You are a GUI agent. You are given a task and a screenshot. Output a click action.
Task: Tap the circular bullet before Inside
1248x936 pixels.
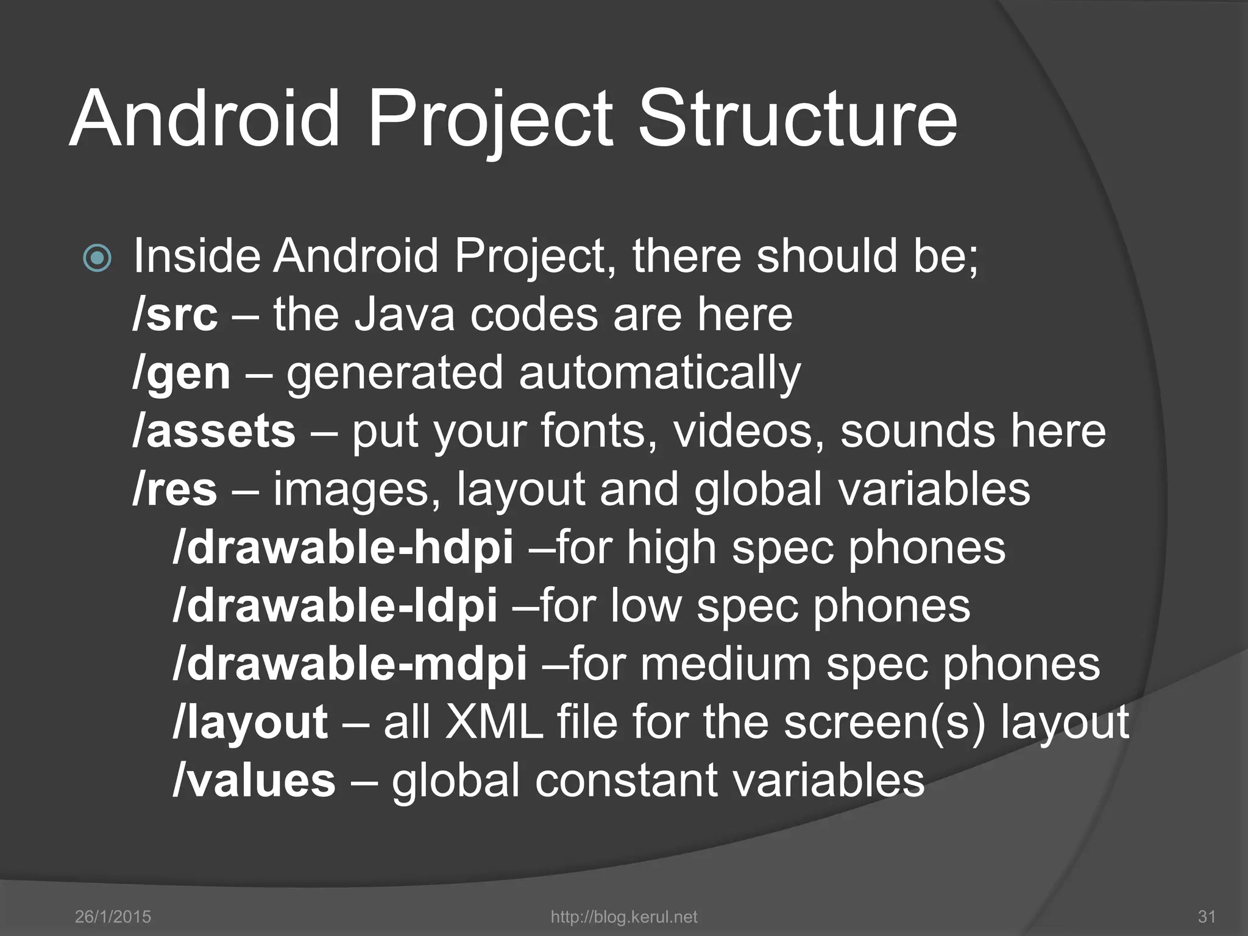click(97, 258)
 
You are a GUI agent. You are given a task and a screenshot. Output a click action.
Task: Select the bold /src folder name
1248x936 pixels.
click(175, 315)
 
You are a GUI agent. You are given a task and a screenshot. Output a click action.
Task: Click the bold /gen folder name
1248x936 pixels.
click(182, 374)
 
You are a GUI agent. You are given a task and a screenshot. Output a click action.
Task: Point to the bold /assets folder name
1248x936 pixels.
click(214, 431)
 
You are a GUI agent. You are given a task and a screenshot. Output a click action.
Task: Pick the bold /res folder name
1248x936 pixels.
click(175, 489)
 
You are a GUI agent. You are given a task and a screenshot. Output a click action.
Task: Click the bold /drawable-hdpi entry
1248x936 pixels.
click(343, 547)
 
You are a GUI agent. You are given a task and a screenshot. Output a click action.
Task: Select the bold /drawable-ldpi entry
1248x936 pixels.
click(335, 606)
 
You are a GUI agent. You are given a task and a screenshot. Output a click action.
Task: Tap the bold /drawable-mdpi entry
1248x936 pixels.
click(350, 664)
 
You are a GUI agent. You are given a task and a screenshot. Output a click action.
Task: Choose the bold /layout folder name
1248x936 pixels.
click(250, 723)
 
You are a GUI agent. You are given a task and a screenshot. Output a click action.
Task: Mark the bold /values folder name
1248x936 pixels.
click(254, 781)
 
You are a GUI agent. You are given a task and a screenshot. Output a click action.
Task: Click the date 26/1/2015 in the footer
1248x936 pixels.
click(113, 916)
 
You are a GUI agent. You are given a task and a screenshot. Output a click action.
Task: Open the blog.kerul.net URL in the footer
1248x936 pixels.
click(623, 916)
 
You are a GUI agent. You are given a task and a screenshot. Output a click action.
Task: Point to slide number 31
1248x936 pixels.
click(1207, 916)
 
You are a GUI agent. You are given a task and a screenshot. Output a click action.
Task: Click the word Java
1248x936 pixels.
click(404, 315)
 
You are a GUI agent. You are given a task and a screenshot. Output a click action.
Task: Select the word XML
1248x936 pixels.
click(494, 723)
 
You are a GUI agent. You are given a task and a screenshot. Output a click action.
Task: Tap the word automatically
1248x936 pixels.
click(659, 374)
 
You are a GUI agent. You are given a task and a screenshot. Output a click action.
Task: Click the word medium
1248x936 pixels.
click(725, 664)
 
